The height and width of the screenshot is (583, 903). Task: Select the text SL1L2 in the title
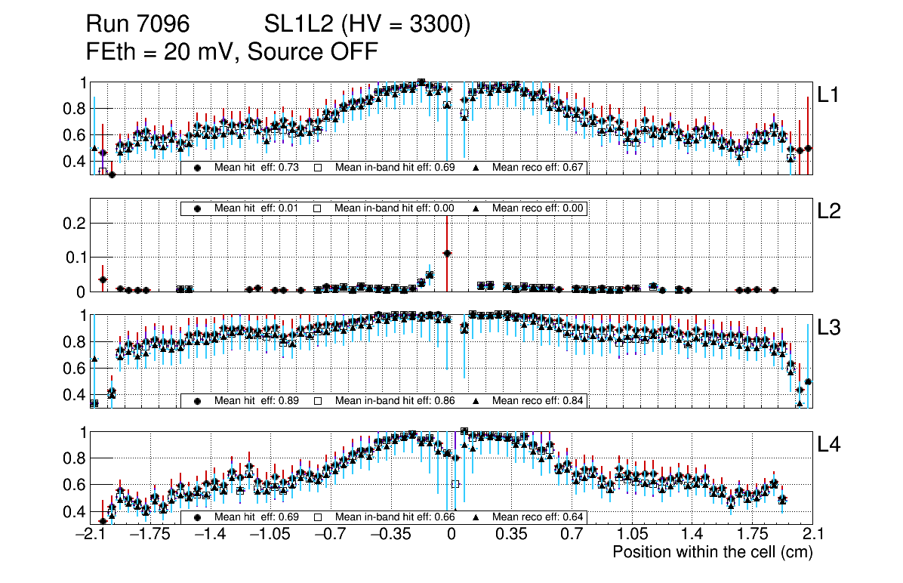pos(298,25)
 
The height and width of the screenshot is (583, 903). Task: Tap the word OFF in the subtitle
pos(352,51)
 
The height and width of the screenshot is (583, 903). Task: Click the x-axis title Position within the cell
pos(712,552)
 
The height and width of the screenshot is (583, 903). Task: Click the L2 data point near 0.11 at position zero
pos(447,254)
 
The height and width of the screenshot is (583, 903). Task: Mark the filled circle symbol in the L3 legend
pos(198,400)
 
